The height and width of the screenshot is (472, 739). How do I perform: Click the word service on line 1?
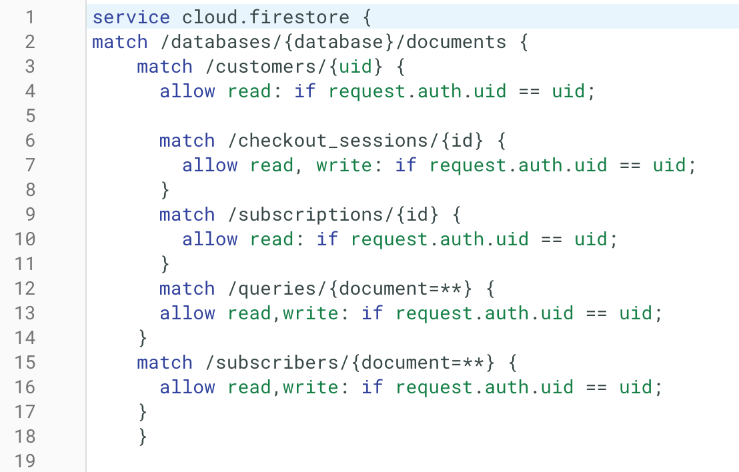(x=131, y=17)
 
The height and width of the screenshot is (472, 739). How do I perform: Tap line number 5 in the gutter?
(x=29, y=116)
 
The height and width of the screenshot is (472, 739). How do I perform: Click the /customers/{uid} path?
(x=294, y=67)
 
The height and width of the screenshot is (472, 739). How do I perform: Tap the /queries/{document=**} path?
(x=350, y=289)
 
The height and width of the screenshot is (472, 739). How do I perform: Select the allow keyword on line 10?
(x=209, y=239)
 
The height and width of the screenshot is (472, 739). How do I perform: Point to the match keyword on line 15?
(x=165, y=363)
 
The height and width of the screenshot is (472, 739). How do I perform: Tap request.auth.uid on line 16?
(x=484, y=387)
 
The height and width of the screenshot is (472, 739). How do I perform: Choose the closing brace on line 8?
(x=165, y=190)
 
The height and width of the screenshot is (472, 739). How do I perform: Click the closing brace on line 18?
(x=143, y=437)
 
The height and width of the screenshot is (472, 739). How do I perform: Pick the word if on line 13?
(x=372, y=313)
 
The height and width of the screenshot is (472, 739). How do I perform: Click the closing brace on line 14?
(x=143, y=338)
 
